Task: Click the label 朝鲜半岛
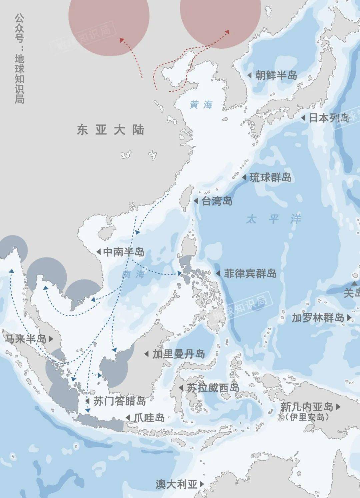coord(276,75)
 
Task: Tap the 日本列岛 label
coord(329,118)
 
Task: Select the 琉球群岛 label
coord(270,177)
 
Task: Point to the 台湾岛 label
coord(217,201)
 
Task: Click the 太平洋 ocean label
coord(273,219)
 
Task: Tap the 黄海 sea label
coord(201,105)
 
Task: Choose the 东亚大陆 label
coord(111,129)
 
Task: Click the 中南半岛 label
coord(124,252)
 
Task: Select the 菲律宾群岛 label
coord(250,274)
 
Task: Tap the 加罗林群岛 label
coord(318,318)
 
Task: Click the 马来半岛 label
coord(25,339)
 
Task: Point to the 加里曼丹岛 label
coord(179,354)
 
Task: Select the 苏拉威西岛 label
coord(213,388)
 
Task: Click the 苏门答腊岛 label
coord(119,401)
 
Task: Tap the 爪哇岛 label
coord(149,417)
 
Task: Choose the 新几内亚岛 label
coord(307,407)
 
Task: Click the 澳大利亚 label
coord(176,484)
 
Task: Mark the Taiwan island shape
coord(187,198)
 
